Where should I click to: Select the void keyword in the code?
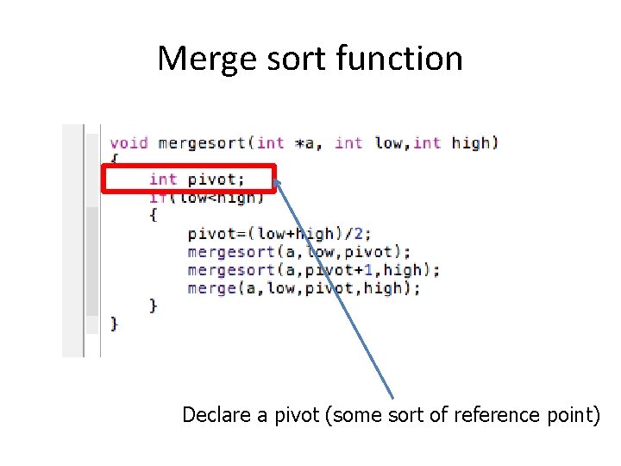[129, 142]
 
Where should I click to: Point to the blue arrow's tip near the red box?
[276, 181]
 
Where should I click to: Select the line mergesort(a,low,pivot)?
[299, 252]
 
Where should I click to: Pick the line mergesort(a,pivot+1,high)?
[313, 270]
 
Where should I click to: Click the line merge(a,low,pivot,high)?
[304, 288]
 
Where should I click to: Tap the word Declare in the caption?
[217, 415]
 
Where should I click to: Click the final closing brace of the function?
[115, 324]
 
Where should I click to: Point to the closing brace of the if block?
[154, 305]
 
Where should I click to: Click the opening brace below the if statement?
[154, 216]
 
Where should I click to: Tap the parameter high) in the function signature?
[475, 142]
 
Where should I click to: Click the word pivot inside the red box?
[216, 179]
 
